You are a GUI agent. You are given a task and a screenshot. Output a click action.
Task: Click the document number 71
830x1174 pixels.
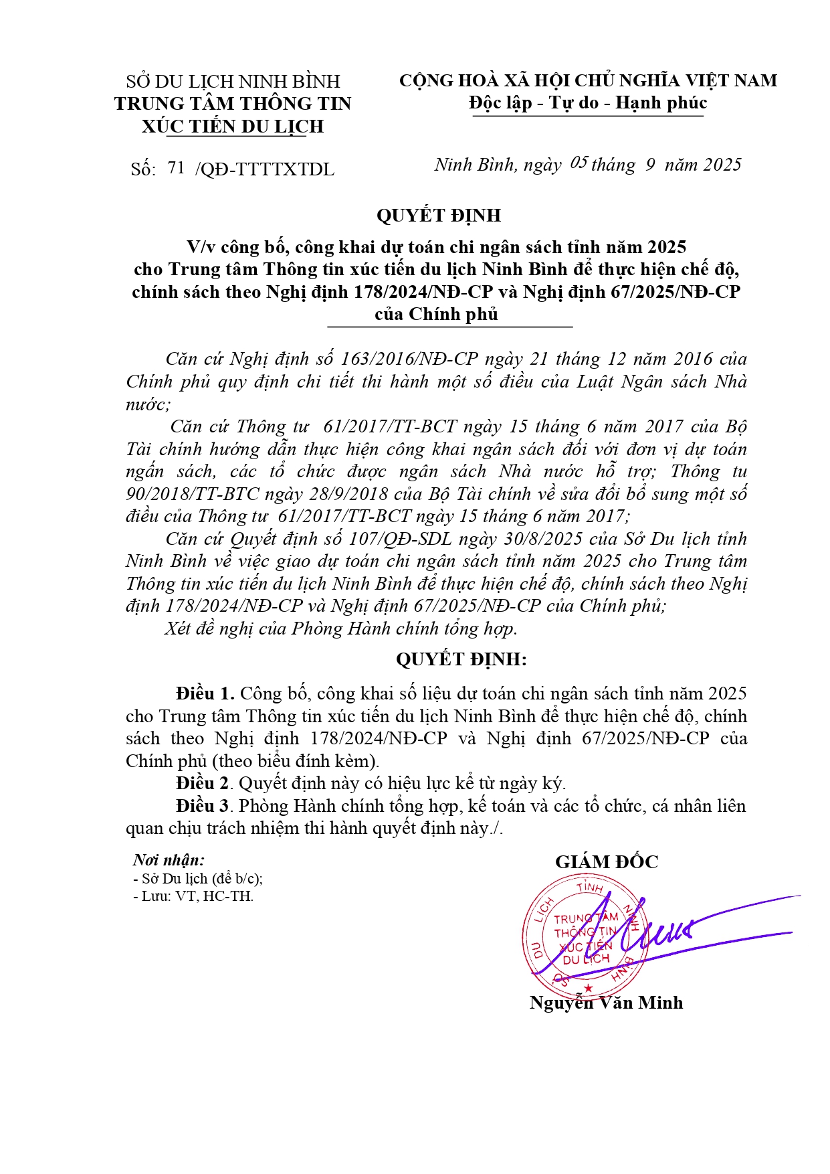pos(176,168)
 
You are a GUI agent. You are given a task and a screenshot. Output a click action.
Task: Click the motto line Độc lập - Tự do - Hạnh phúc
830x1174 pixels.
pos(587,103)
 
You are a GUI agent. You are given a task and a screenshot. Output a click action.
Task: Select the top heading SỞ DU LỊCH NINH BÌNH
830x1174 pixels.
pos(233,82)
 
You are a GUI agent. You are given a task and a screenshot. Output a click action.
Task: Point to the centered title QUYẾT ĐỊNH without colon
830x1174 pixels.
pos(438,216)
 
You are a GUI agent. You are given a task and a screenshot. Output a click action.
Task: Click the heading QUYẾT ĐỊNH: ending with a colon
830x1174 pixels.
pos(461,659)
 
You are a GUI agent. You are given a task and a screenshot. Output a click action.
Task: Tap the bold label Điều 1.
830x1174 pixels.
pos(205,693)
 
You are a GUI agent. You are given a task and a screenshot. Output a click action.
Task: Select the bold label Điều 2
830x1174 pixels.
pos(203,783)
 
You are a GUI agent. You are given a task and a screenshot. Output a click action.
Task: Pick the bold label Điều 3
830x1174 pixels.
pos(203,806)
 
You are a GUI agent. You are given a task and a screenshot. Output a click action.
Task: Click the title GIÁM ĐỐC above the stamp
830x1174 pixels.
pos(606,862)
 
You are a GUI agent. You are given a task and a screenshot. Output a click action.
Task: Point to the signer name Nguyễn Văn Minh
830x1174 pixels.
pos(606,1003)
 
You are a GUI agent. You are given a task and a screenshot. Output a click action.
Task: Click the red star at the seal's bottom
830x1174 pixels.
pos(588,988)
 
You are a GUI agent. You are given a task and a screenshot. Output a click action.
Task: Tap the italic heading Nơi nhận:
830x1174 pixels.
pos(169,860)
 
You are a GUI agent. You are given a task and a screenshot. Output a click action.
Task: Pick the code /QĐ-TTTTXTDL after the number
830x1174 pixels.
pos(265,169)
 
